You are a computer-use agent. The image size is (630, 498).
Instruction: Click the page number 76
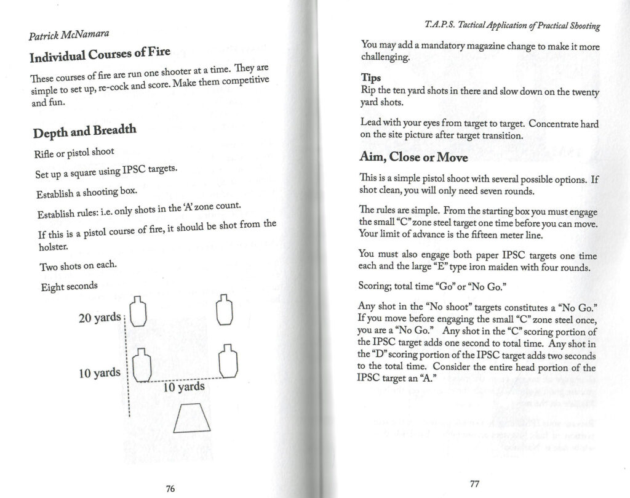click(170, 488)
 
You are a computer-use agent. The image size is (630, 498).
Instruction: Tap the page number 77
click(474, 483)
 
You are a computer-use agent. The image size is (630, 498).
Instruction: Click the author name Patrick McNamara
click(67, 35)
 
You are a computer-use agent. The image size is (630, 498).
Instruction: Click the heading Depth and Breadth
click(84, 130)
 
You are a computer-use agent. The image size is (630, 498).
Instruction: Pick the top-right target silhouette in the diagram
click(226, 308)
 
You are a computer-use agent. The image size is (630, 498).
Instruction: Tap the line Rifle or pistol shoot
click(75, 152)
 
